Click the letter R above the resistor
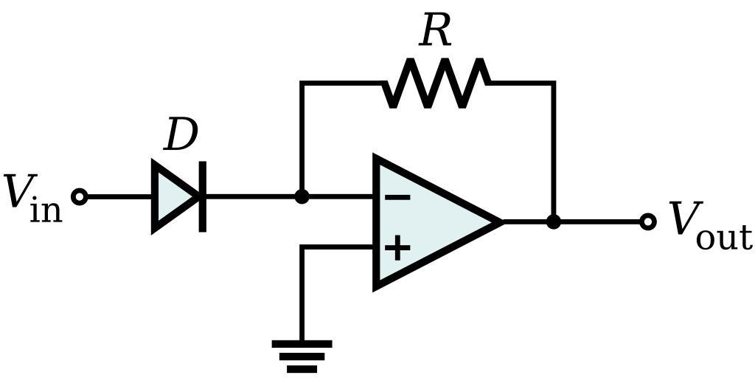click(435, 31)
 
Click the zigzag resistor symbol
click(435, 83)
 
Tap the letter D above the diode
click(181, 136)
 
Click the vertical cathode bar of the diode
click(203, 196)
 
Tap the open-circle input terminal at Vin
click(80, 197)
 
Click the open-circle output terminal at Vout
click(647, 221)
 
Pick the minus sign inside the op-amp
click(397, 197)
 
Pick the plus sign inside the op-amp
click(397, 247)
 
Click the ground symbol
click(302, 355)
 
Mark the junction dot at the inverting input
click(302, 197)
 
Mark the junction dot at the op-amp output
click(553, 221)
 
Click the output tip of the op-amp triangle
click(500, 221)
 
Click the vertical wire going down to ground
click(302, 295)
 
